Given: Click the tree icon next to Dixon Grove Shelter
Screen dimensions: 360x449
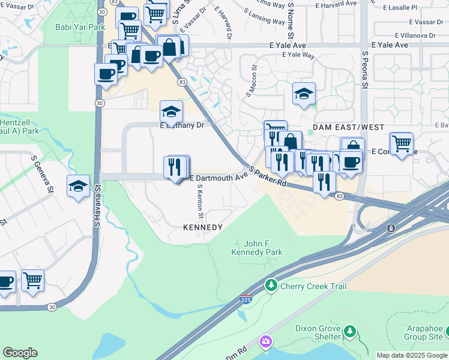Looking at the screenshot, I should coord(349,332).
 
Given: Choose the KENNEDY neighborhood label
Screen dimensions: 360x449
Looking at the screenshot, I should coord(203,228).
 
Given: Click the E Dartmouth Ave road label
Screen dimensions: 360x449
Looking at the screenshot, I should coord(218,178).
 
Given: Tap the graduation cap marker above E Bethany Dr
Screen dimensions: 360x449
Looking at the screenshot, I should coord(171,112).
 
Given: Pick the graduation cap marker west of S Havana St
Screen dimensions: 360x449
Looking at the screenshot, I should coord(78,186).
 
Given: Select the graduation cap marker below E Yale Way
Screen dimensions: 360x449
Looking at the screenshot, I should coord(304,94).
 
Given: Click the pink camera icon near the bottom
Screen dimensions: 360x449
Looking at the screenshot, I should coord(265,342).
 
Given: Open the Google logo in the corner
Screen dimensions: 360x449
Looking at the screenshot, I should coord(20,353).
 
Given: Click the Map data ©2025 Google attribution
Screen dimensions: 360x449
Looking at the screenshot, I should coord(412,355).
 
